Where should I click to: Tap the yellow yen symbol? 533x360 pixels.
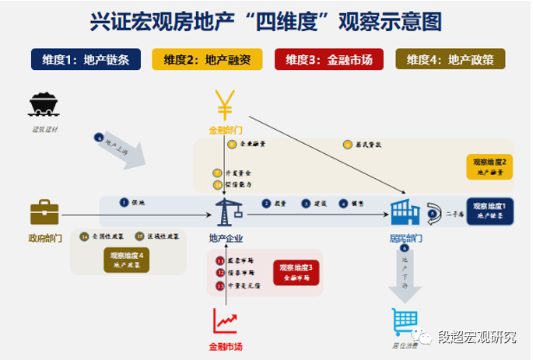226,107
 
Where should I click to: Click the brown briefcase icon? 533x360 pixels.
44,212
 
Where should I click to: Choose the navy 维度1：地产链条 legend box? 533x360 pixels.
86,60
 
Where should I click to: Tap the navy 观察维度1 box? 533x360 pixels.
491,210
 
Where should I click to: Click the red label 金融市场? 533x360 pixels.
226,347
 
